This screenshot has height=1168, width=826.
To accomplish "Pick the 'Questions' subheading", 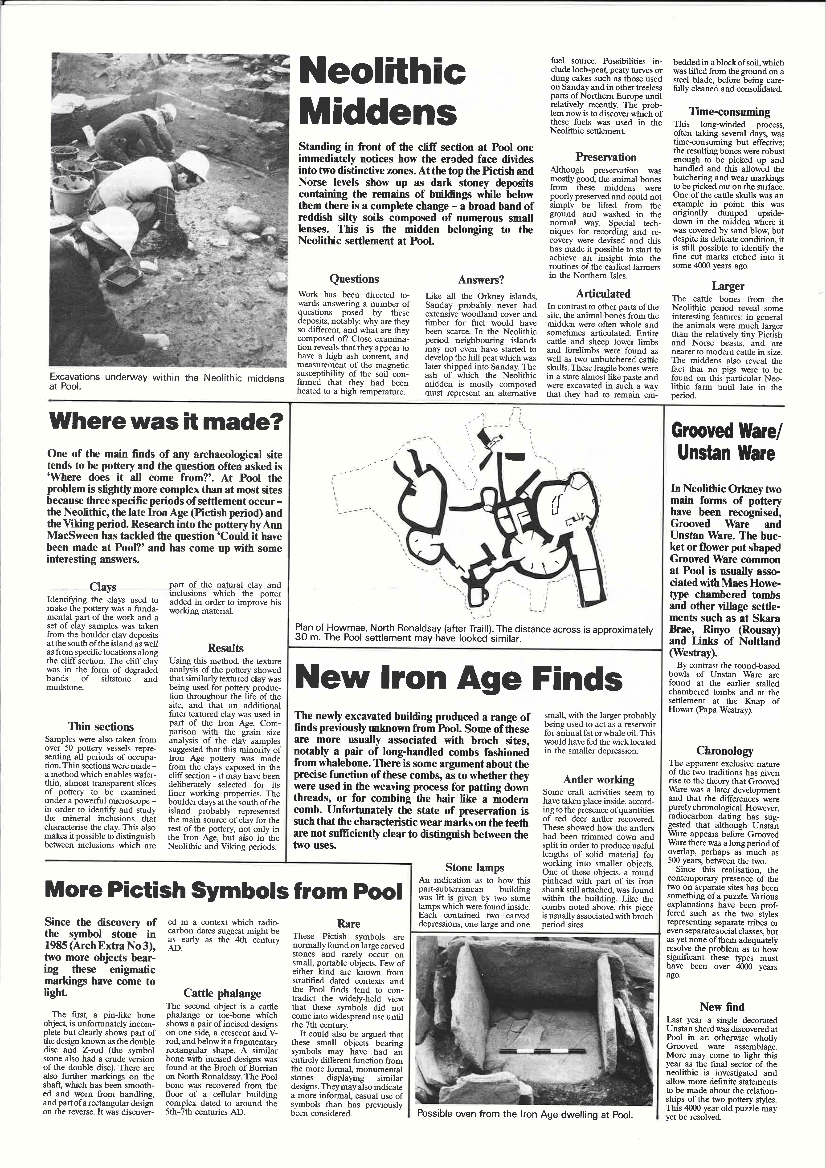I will click(354, 279).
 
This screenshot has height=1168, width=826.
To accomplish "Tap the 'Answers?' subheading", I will click(481, 280).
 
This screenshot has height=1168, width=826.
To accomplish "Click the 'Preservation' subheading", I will click(606, 157).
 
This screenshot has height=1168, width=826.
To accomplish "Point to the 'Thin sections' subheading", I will click(101, 727).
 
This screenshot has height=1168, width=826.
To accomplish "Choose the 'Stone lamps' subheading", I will click(474, 868).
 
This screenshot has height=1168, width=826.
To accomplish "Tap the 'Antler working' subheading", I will click(598, 780).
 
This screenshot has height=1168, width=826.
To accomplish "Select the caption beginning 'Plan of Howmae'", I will click(473, 634).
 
